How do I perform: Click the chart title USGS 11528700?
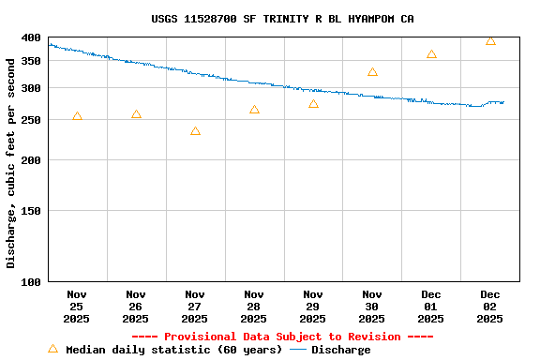tap(282, 19)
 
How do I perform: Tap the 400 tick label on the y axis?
tap(31, 37)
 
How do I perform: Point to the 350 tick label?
tap(31, 61)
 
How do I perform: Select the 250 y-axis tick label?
tap(31, 120)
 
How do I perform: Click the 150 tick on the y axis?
tap(31, 211)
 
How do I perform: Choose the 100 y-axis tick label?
tap(31, 281)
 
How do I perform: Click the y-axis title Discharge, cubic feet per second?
tap(11, 163)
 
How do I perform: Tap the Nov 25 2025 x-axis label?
tap(77, 306)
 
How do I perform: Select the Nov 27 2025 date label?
tap(195, 306)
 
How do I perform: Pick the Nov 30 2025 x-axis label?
tap(372, 306)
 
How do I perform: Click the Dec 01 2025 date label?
tap(431, 306)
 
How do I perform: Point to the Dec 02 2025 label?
tap(490, 306)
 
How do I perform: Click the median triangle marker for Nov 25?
tap(77, 116)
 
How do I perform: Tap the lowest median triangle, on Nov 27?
tap(195, 131)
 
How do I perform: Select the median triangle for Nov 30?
tap(372, 72)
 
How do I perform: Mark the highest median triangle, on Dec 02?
tap(490, 40)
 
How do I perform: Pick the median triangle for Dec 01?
tap(431, 54)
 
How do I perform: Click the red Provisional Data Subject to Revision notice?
tap(282, 337)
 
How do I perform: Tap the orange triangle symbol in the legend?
tap(52, 349)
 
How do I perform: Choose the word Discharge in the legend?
tap(340, 350)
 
